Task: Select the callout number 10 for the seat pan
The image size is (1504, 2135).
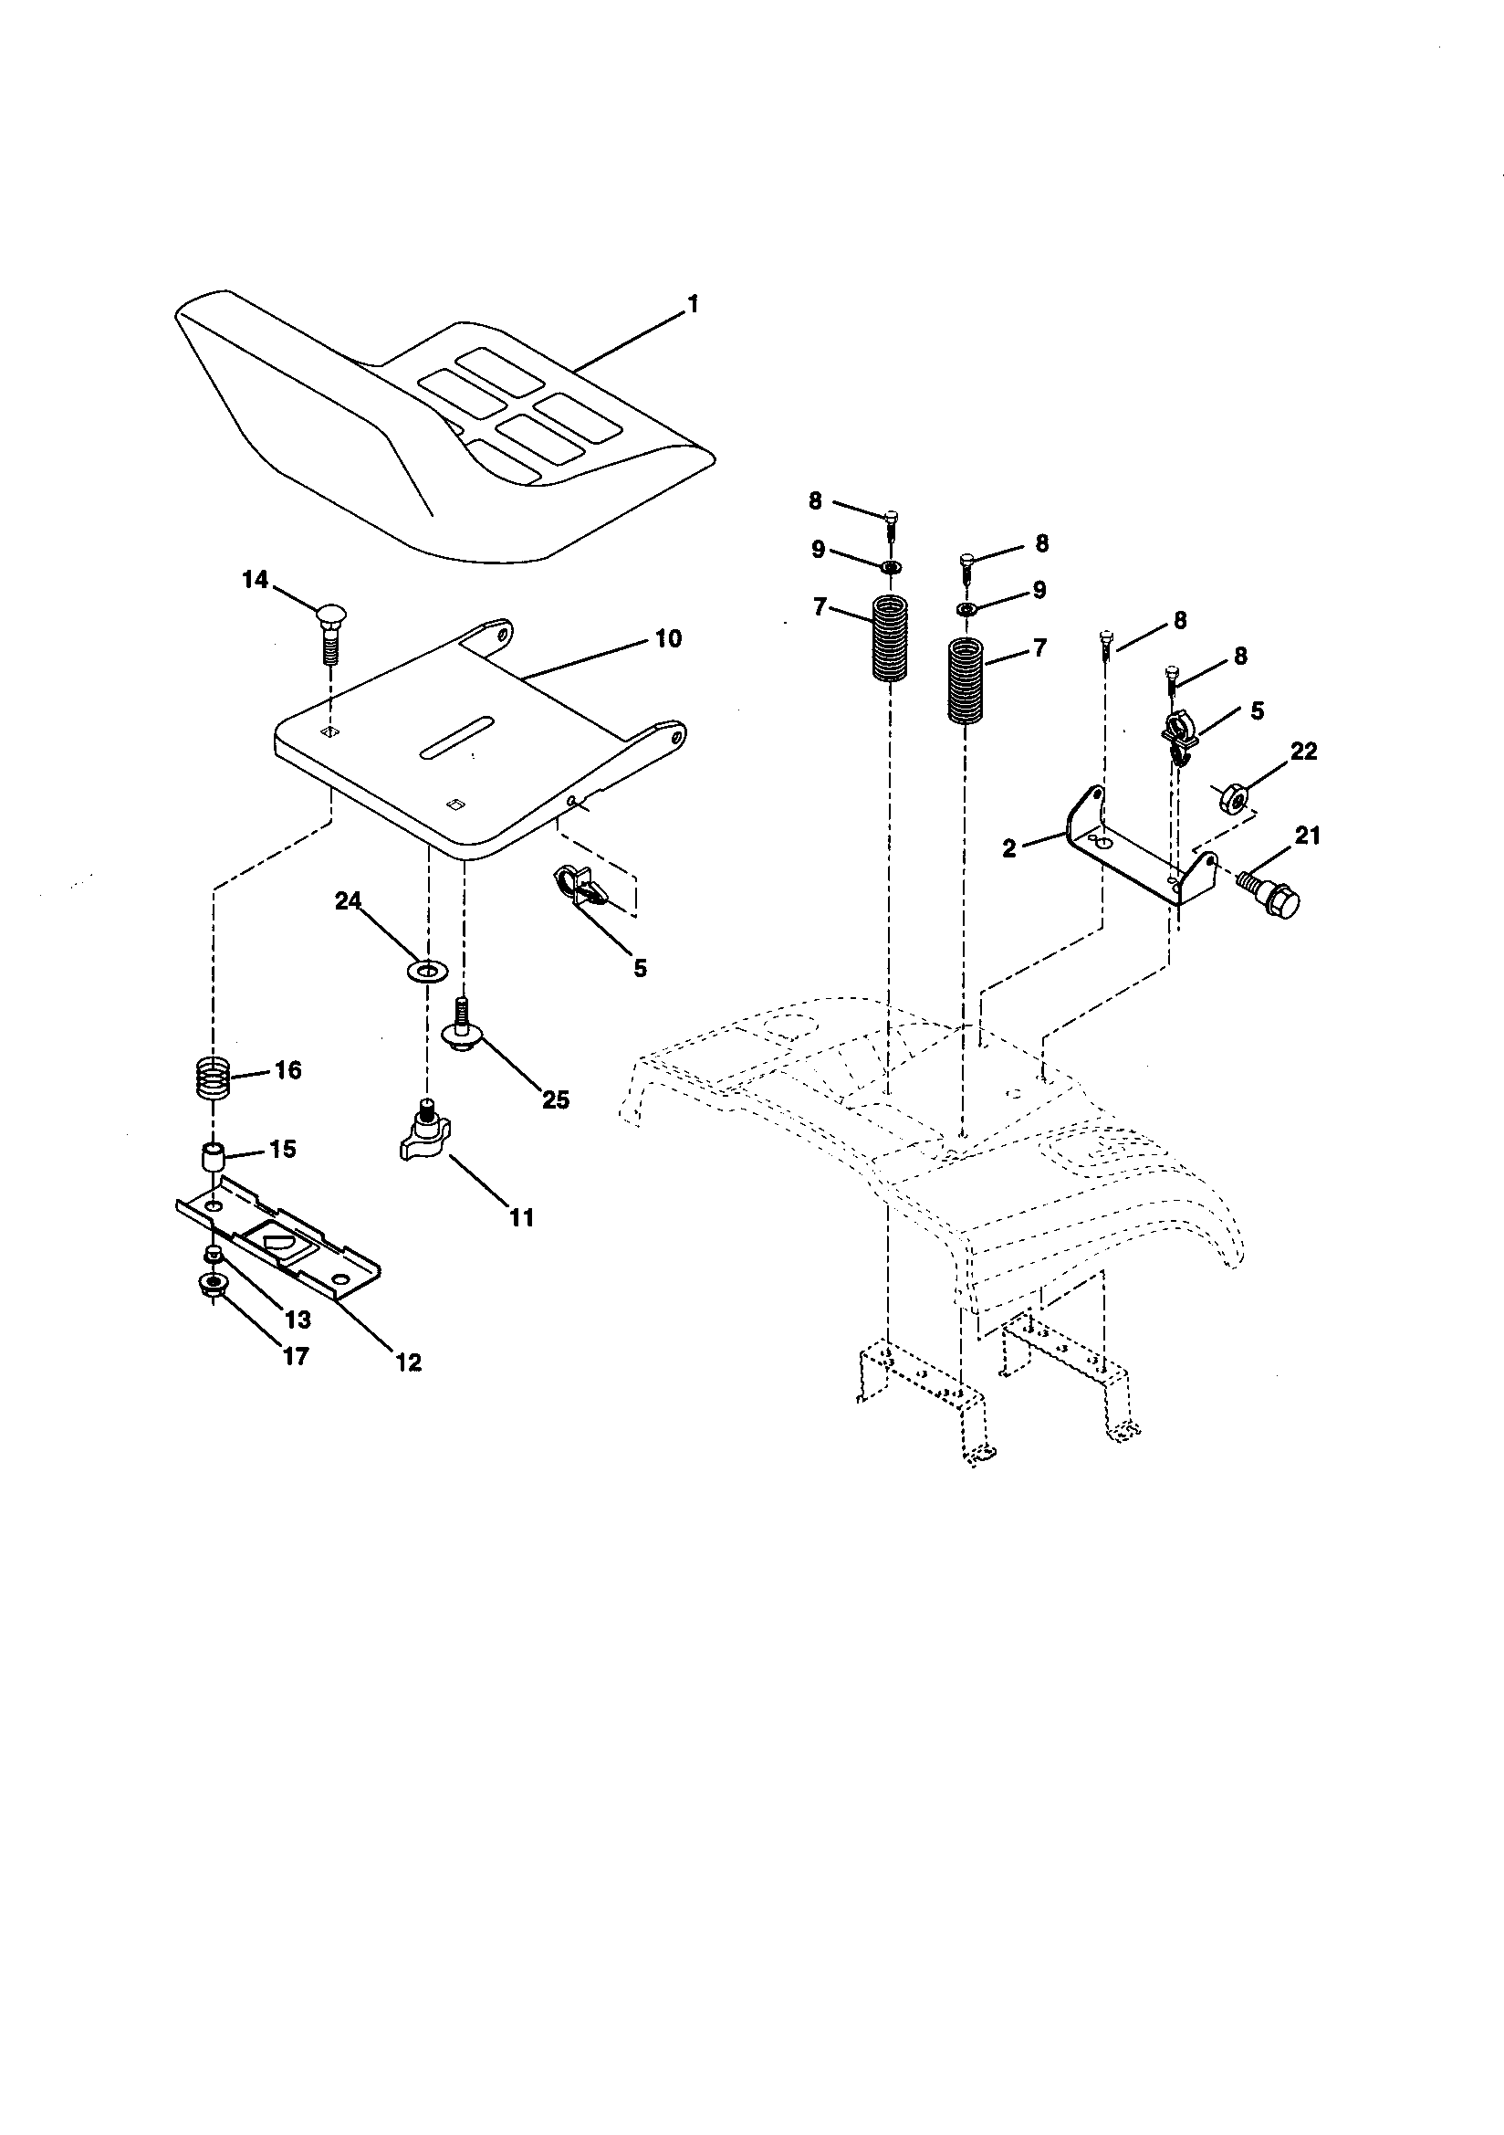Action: tap(667, 639)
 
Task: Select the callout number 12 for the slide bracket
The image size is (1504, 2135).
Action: tap(408, 1363)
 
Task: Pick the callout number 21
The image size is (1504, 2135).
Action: tap(1308, 836)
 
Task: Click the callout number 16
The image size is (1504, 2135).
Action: tap(288, 1070)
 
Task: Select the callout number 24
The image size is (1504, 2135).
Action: tap(349, 901)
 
